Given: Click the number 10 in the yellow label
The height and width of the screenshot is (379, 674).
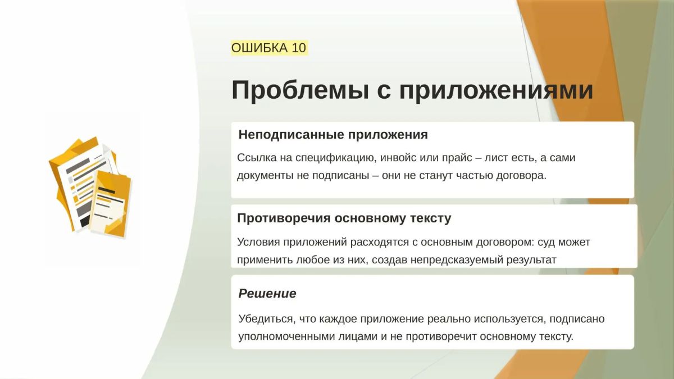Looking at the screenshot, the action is (299, 48).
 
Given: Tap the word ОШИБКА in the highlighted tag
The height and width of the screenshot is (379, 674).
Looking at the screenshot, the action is (259, 48).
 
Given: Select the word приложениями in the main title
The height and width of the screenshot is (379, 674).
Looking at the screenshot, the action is (496, 90).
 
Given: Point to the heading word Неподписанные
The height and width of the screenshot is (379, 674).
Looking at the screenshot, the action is (292, 135).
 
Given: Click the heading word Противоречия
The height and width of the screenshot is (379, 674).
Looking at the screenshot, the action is (284, 218).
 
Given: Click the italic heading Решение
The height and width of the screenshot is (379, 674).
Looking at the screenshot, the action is (267, 294).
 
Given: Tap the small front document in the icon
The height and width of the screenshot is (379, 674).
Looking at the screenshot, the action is (111, 204).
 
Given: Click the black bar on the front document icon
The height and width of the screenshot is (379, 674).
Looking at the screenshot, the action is (107, 190).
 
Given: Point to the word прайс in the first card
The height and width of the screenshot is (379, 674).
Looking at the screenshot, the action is (457, 158).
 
